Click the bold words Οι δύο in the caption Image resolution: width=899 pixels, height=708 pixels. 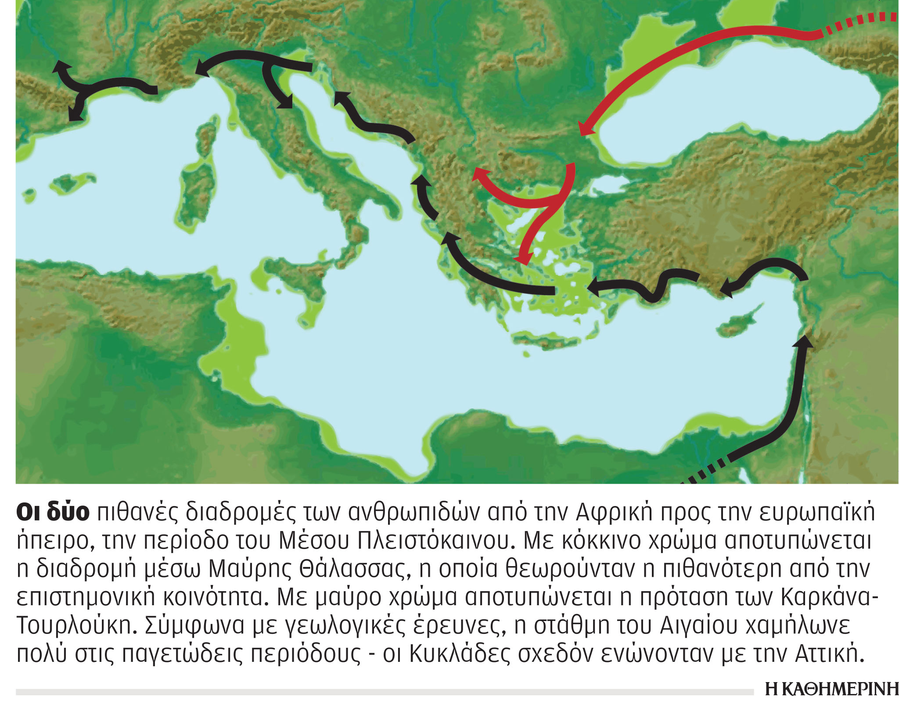click(53, 512)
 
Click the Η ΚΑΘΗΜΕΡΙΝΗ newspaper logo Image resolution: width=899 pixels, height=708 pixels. click(831, 689)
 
